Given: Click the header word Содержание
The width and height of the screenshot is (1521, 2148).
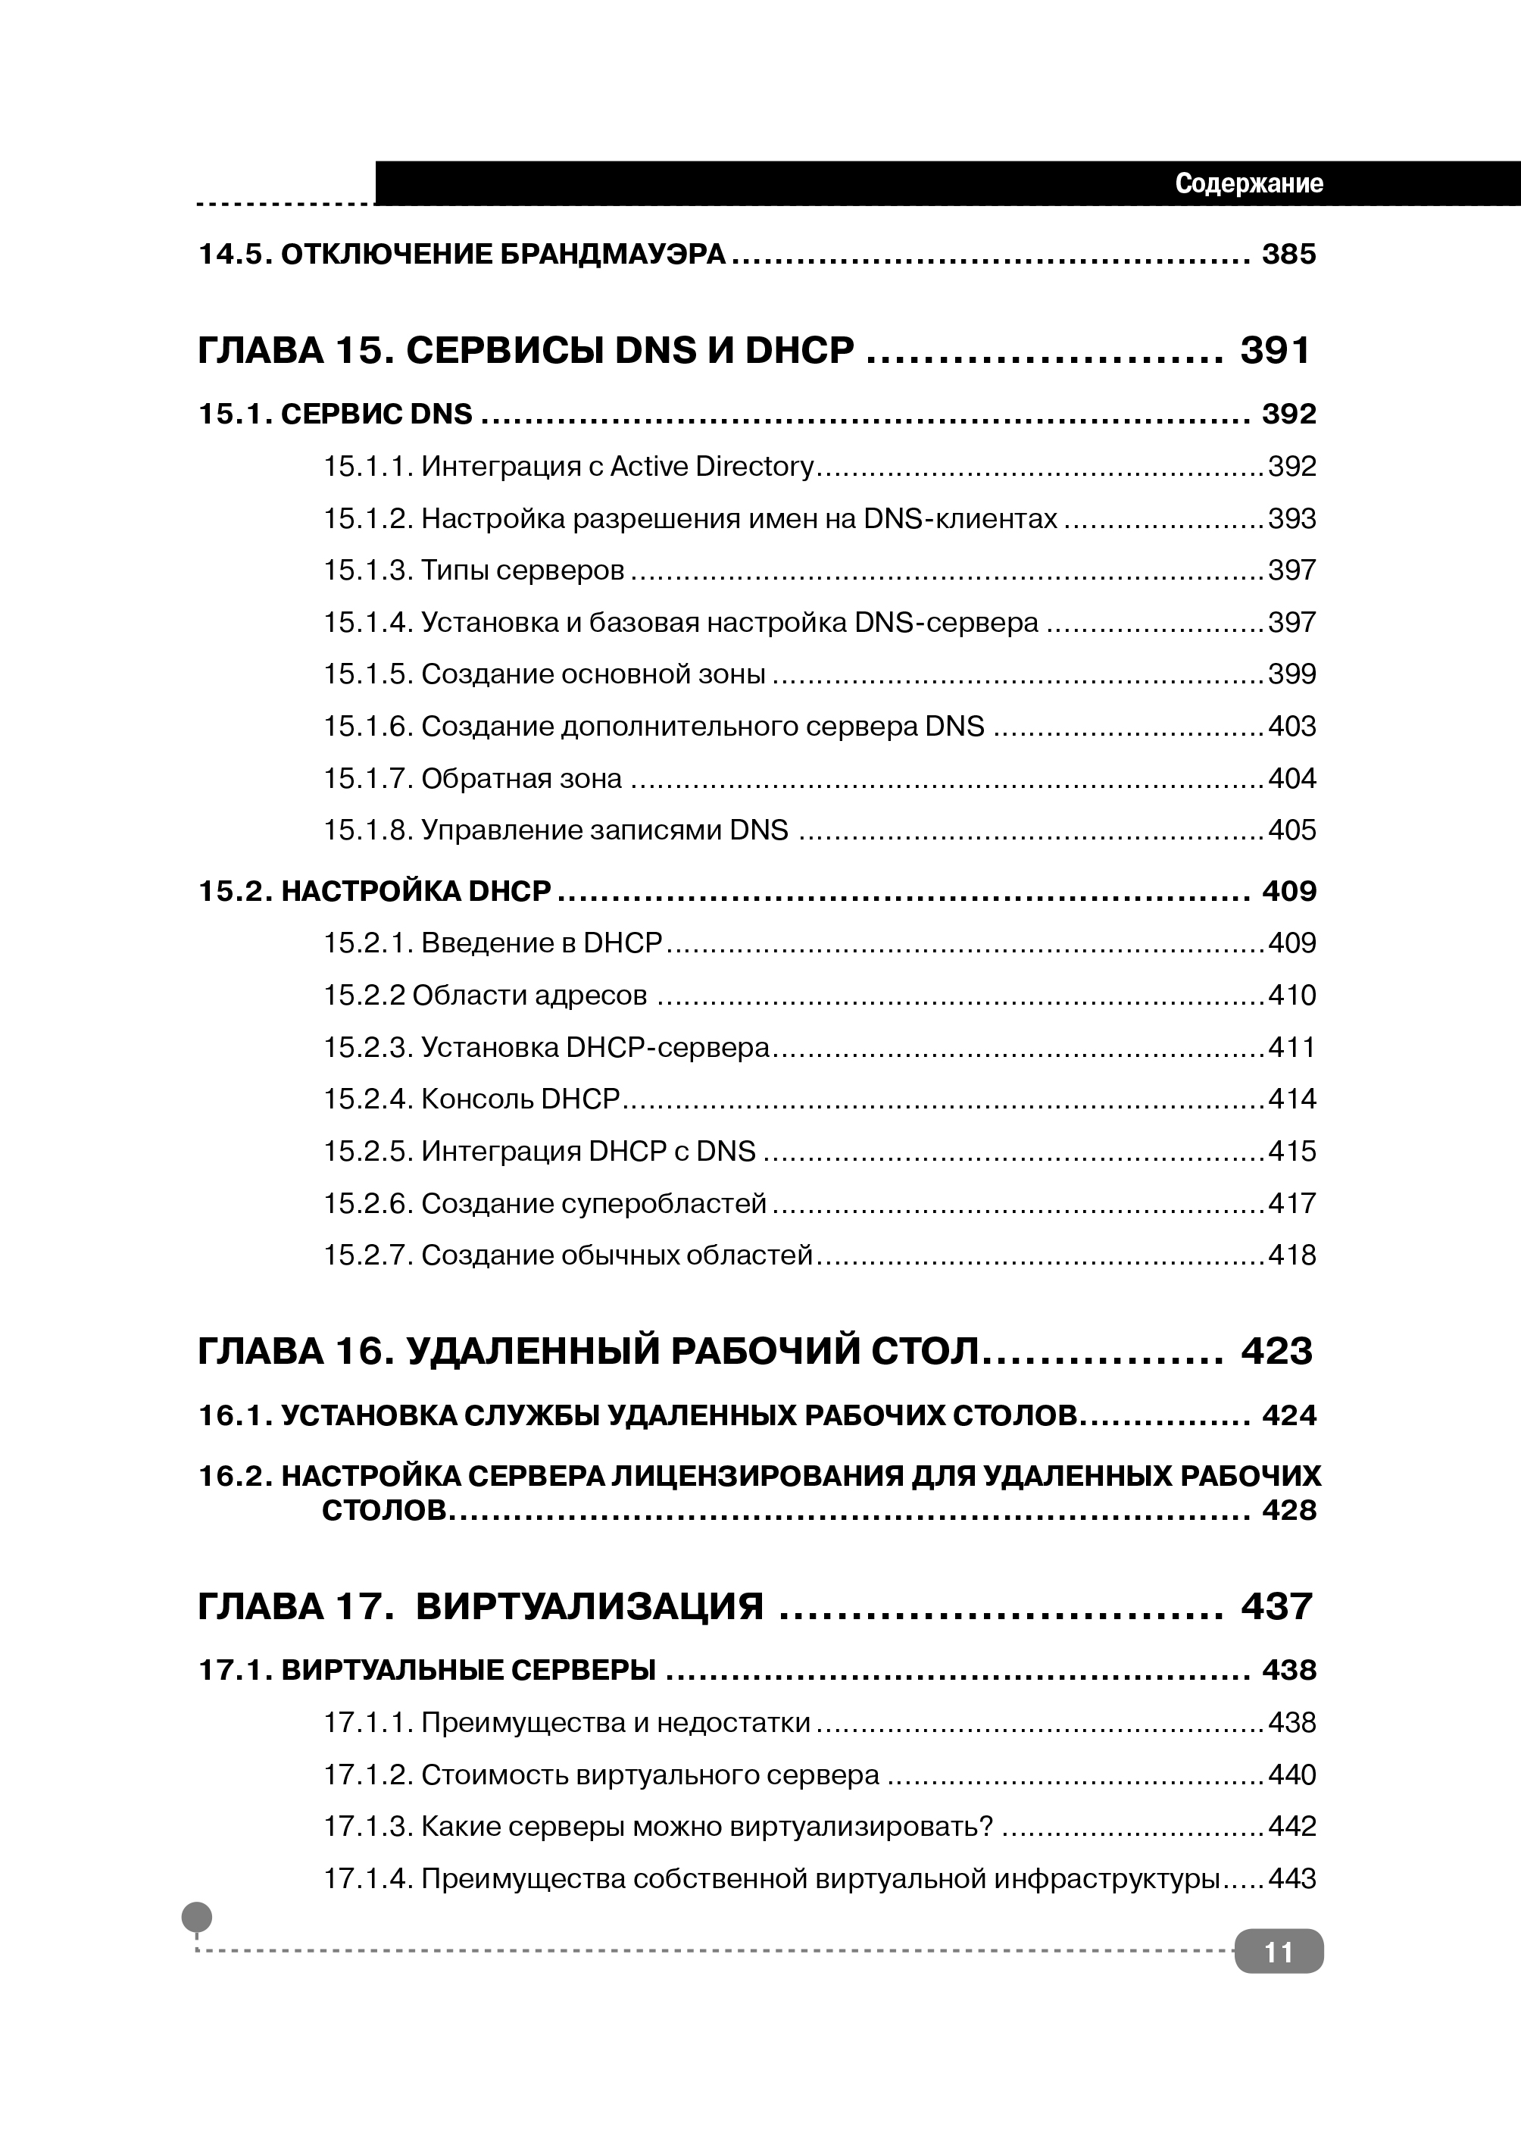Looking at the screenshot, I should click(1248, 183).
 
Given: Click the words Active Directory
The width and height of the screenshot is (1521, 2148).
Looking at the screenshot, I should click(712, 467).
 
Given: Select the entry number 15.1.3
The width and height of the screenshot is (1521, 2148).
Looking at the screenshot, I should click(368, 571).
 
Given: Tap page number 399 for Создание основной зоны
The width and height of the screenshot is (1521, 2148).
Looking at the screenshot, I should click(1291, 674).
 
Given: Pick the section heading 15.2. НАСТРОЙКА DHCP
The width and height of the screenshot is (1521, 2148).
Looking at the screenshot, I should click(375, 891).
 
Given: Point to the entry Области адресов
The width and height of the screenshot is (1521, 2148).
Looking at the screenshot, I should click(529, 995).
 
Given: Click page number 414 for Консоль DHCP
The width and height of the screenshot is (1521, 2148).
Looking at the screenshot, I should click(1291, 1099).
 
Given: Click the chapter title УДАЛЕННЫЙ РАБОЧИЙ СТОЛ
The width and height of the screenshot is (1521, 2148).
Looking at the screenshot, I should click(693, 1352).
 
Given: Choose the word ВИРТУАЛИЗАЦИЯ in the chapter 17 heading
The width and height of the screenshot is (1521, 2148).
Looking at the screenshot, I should click(589, 1606).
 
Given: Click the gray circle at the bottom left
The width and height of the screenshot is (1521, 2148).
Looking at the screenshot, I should click(197, 1917).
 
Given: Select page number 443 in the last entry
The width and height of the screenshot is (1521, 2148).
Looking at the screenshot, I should click(1291, 1879).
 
